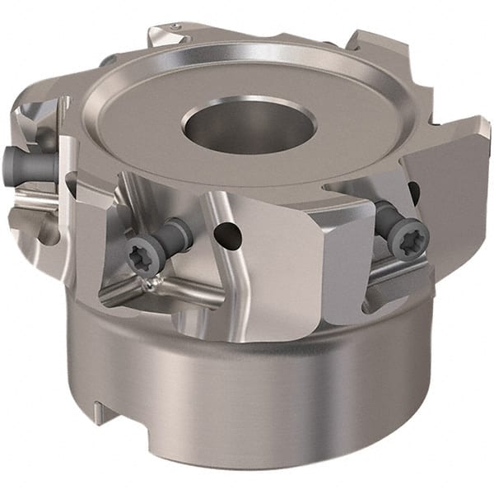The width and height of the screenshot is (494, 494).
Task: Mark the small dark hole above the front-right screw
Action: [x=413, y=192]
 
